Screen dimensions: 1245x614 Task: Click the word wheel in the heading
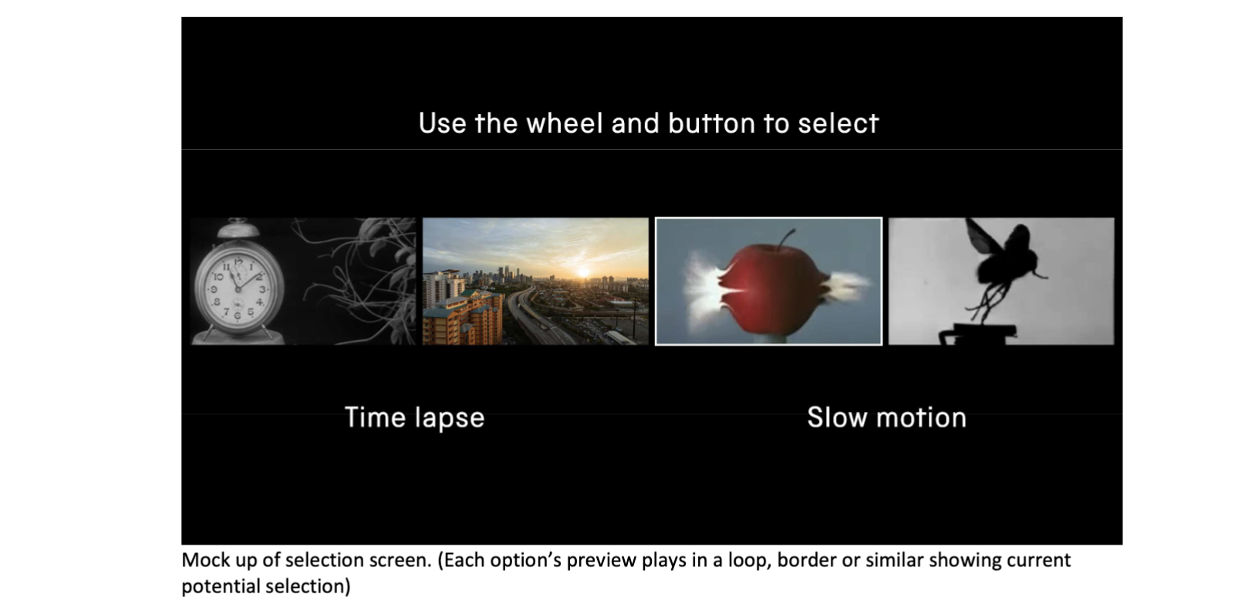[564, 123]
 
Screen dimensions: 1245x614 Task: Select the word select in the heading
[838, 123]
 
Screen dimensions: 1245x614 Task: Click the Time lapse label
[415, 418]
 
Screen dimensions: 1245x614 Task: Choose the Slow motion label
[886, 417]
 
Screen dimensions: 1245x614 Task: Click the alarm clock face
[238, 289]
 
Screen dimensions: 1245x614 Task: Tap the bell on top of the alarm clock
[238, 228]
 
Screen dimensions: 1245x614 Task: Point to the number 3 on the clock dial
[263, 289]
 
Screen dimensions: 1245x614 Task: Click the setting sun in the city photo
[584, 272]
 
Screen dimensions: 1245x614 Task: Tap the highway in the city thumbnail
[534, 318]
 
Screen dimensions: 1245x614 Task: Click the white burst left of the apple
[710, 289]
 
